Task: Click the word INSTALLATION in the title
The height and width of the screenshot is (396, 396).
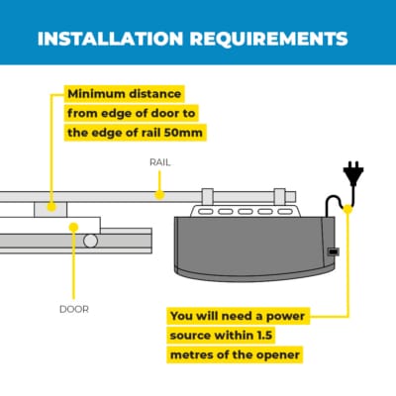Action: point(110,39)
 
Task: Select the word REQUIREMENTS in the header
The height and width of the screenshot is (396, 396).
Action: point(269,39)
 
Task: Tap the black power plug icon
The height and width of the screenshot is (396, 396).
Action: point(353,173)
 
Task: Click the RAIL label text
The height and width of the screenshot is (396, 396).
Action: point(160,162)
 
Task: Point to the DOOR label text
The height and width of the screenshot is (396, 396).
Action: point(74,310)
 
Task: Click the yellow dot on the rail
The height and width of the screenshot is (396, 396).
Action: point(159,195)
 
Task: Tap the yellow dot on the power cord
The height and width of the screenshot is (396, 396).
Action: point(347,209)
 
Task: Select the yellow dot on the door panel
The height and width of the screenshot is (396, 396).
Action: point(74,227)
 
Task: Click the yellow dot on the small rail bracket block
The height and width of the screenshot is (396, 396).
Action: point(51,207)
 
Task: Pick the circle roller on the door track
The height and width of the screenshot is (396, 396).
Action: point(90,242)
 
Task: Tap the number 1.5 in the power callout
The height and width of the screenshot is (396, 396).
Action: point(264,336)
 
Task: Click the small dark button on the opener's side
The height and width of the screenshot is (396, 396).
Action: point(334,251)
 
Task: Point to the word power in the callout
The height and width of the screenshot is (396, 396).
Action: point(285,317)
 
